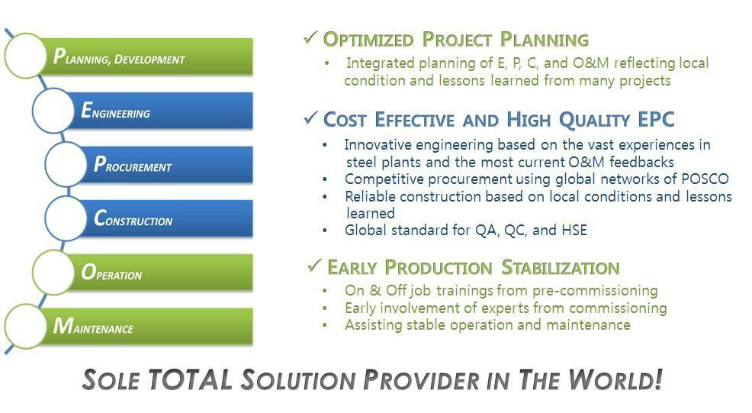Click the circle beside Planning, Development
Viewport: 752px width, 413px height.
(x=25, y=56)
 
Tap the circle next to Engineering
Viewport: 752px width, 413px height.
(x=53, y=111)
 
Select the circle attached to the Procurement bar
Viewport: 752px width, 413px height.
(x=66, y=164)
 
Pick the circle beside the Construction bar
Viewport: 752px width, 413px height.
(x=66, y=218)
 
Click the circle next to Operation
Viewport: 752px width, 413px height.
(x=53, y=273)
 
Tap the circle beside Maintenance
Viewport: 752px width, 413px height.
(x=25, y=326)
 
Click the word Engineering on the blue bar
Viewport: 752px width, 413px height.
(x=116, y=111)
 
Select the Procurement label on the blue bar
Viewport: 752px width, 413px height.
(x=133, y=164)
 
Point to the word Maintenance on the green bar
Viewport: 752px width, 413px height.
(x=93, y=326)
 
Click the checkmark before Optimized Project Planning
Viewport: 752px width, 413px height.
(x=310, y=37)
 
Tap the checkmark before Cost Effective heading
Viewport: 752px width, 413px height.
(x=310, y=118)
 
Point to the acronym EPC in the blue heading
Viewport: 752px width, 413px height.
(x=656, y=119)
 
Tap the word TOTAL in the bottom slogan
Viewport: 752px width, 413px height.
(x=191, y=379)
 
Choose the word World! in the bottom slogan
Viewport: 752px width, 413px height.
(x=615, y=379)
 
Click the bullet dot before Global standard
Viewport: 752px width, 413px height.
(x=325, y=231)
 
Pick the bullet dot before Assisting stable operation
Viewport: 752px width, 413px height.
(x=325, y=325)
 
